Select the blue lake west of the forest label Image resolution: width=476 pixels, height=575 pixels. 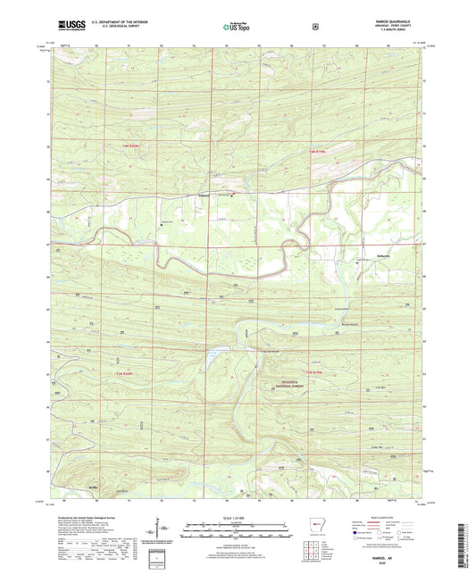214,354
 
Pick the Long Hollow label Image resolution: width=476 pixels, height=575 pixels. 340,309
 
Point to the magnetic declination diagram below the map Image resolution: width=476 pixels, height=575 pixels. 169,529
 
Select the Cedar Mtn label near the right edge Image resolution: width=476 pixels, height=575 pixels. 375,446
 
